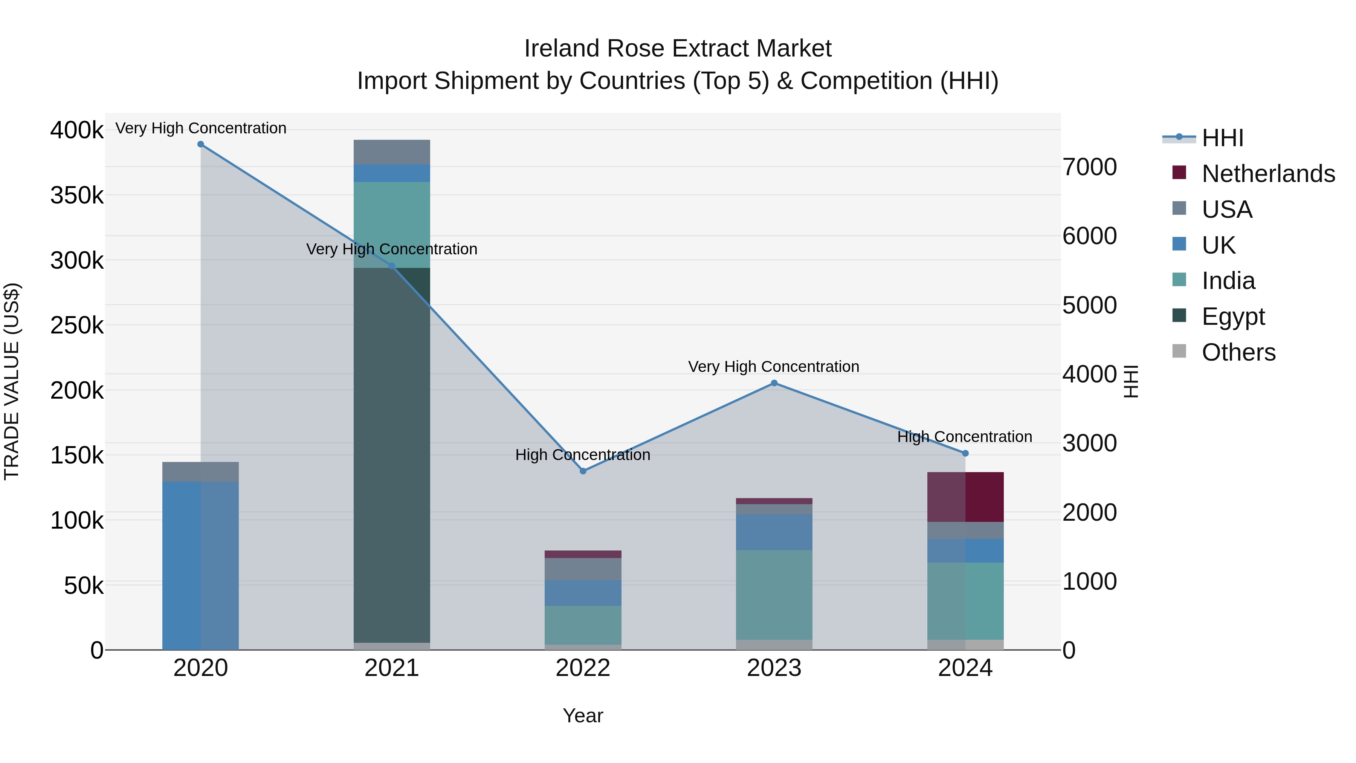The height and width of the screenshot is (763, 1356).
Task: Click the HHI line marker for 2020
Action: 200,144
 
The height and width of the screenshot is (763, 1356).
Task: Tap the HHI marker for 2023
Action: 774,383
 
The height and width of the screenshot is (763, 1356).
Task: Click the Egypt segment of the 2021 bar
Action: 392,456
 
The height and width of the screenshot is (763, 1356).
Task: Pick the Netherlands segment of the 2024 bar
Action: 965,497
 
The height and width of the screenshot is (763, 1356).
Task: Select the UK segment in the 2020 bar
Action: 200,566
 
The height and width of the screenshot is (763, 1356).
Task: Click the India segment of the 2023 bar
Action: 774,595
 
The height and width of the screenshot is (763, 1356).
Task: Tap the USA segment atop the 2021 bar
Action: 392,152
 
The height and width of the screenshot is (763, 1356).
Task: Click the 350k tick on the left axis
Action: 77,195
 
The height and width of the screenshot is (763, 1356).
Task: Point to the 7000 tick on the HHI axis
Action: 1089,167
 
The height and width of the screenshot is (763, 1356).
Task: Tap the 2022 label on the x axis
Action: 583,668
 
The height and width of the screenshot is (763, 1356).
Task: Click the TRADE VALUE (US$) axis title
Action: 12,381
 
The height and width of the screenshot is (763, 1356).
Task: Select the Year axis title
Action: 583,716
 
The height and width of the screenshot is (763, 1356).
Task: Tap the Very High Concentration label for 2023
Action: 773,367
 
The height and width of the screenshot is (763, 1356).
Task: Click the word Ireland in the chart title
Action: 561,49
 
